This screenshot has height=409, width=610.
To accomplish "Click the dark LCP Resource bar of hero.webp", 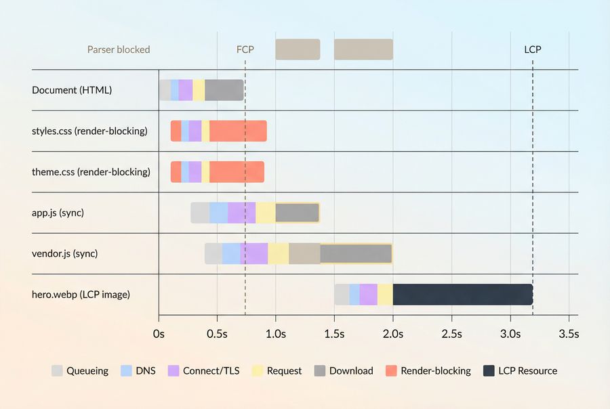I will pos(462,295).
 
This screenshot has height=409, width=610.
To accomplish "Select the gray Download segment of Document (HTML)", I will pos(224,90).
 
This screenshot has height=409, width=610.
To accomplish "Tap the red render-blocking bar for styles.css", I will pos(238,131).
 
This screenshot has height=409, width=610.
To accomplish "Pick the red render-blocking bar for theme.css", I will pos(237,172).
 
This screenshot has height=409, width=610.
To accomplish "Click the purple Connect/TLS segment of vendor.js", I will pos(254,253).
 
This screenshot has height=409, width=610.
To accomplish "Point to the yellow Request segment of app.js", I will pos(265,213).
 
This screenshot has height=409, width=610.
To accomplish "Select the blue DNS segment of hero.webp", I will pos(354,295).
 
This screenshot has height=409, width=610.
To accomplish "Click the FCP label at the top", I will pos(245,49).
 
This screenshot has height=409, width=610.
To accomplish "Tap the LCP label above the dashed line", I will pos(533,49).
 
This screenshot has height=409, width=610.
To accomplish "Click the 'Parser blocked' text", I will pos(119,49).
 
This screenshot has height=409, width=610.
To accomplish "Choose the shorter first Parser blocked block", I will pos(298,49).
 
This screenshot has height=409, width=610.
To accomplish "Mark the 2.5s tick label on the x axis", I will pos(451,334).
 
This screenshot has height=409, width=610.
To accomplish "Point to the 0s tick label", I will pos(159,334).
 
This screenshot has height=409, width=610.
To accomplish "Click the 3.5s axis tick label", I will pos(568,334).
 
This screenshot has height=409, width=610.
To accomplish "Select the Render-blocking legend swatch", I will pos(390,371).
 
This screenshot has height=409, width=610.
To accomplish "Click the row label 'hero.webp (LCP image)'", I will pos(81,295).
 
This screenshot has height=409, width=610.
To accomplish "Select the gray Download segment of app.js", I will pos(297,213).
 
